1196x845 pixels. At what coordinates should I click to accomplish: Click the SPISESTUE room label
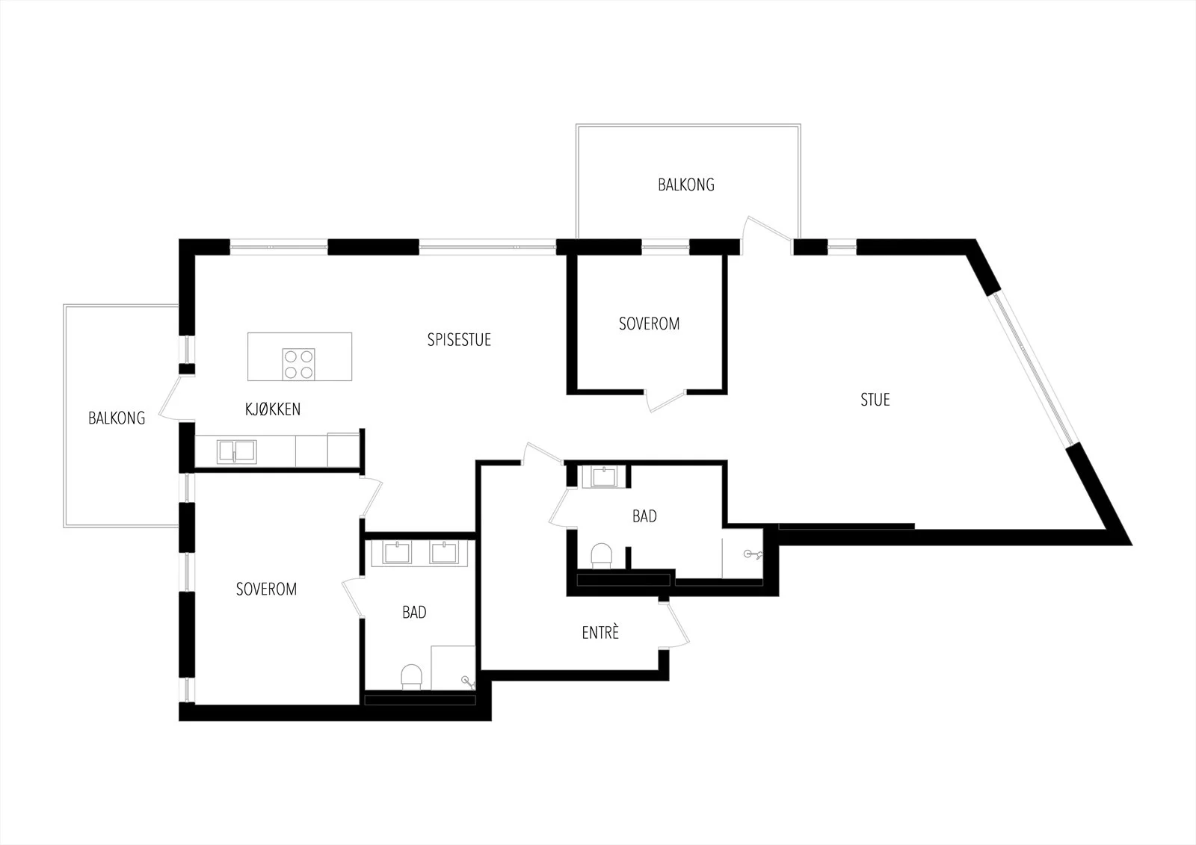click(x=459, y=339)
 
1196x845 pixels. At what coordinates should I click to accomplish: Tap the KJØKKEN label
click(x=272, y=409)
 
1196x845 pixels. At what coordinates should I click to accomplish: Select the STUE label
click(x=875, y=400)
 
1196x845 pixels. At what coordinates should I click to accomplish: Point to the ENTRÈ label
click(x=600, y=632)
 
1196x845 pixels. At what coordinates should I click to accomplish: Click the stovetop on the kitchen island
click(x=298, y=364)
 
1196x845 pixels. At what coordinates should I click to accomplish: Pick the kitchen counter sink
click(x=236, y=451)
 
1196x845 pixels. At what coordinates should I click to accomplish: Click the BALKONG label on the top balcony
click(x=686, y=185)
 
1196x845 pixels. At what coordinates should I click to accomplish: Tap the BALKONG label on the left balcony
click(x=117, y=418)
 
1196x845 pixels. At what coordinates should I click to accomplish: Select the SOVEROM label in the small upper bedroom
click(x=649, y=324)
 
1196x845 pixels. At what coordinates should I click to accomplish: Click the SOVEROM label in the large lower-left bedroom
click(x=266, y=589)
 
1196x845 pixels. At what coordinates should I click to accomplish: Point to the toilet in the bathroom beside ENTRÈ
click(x=601, y=556)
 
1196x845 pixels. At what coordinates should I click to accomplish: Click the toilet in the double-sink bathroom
click(x=411, y=677)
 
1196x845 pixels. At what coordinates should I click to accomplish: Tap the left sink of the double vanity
click(x=397, y=552)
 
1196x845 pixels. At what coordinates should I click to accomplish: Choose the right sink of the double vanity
click(x=444, y=552)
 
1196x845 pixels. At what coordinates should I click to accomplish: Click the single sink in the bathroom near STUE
click(x=604, y=477)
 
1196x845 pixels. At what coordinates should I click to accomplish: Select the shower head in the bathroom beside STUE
click(x=752, y=554)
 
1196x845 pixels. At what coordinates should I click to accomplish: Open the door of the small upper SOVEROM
click(x=665, y=400)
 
